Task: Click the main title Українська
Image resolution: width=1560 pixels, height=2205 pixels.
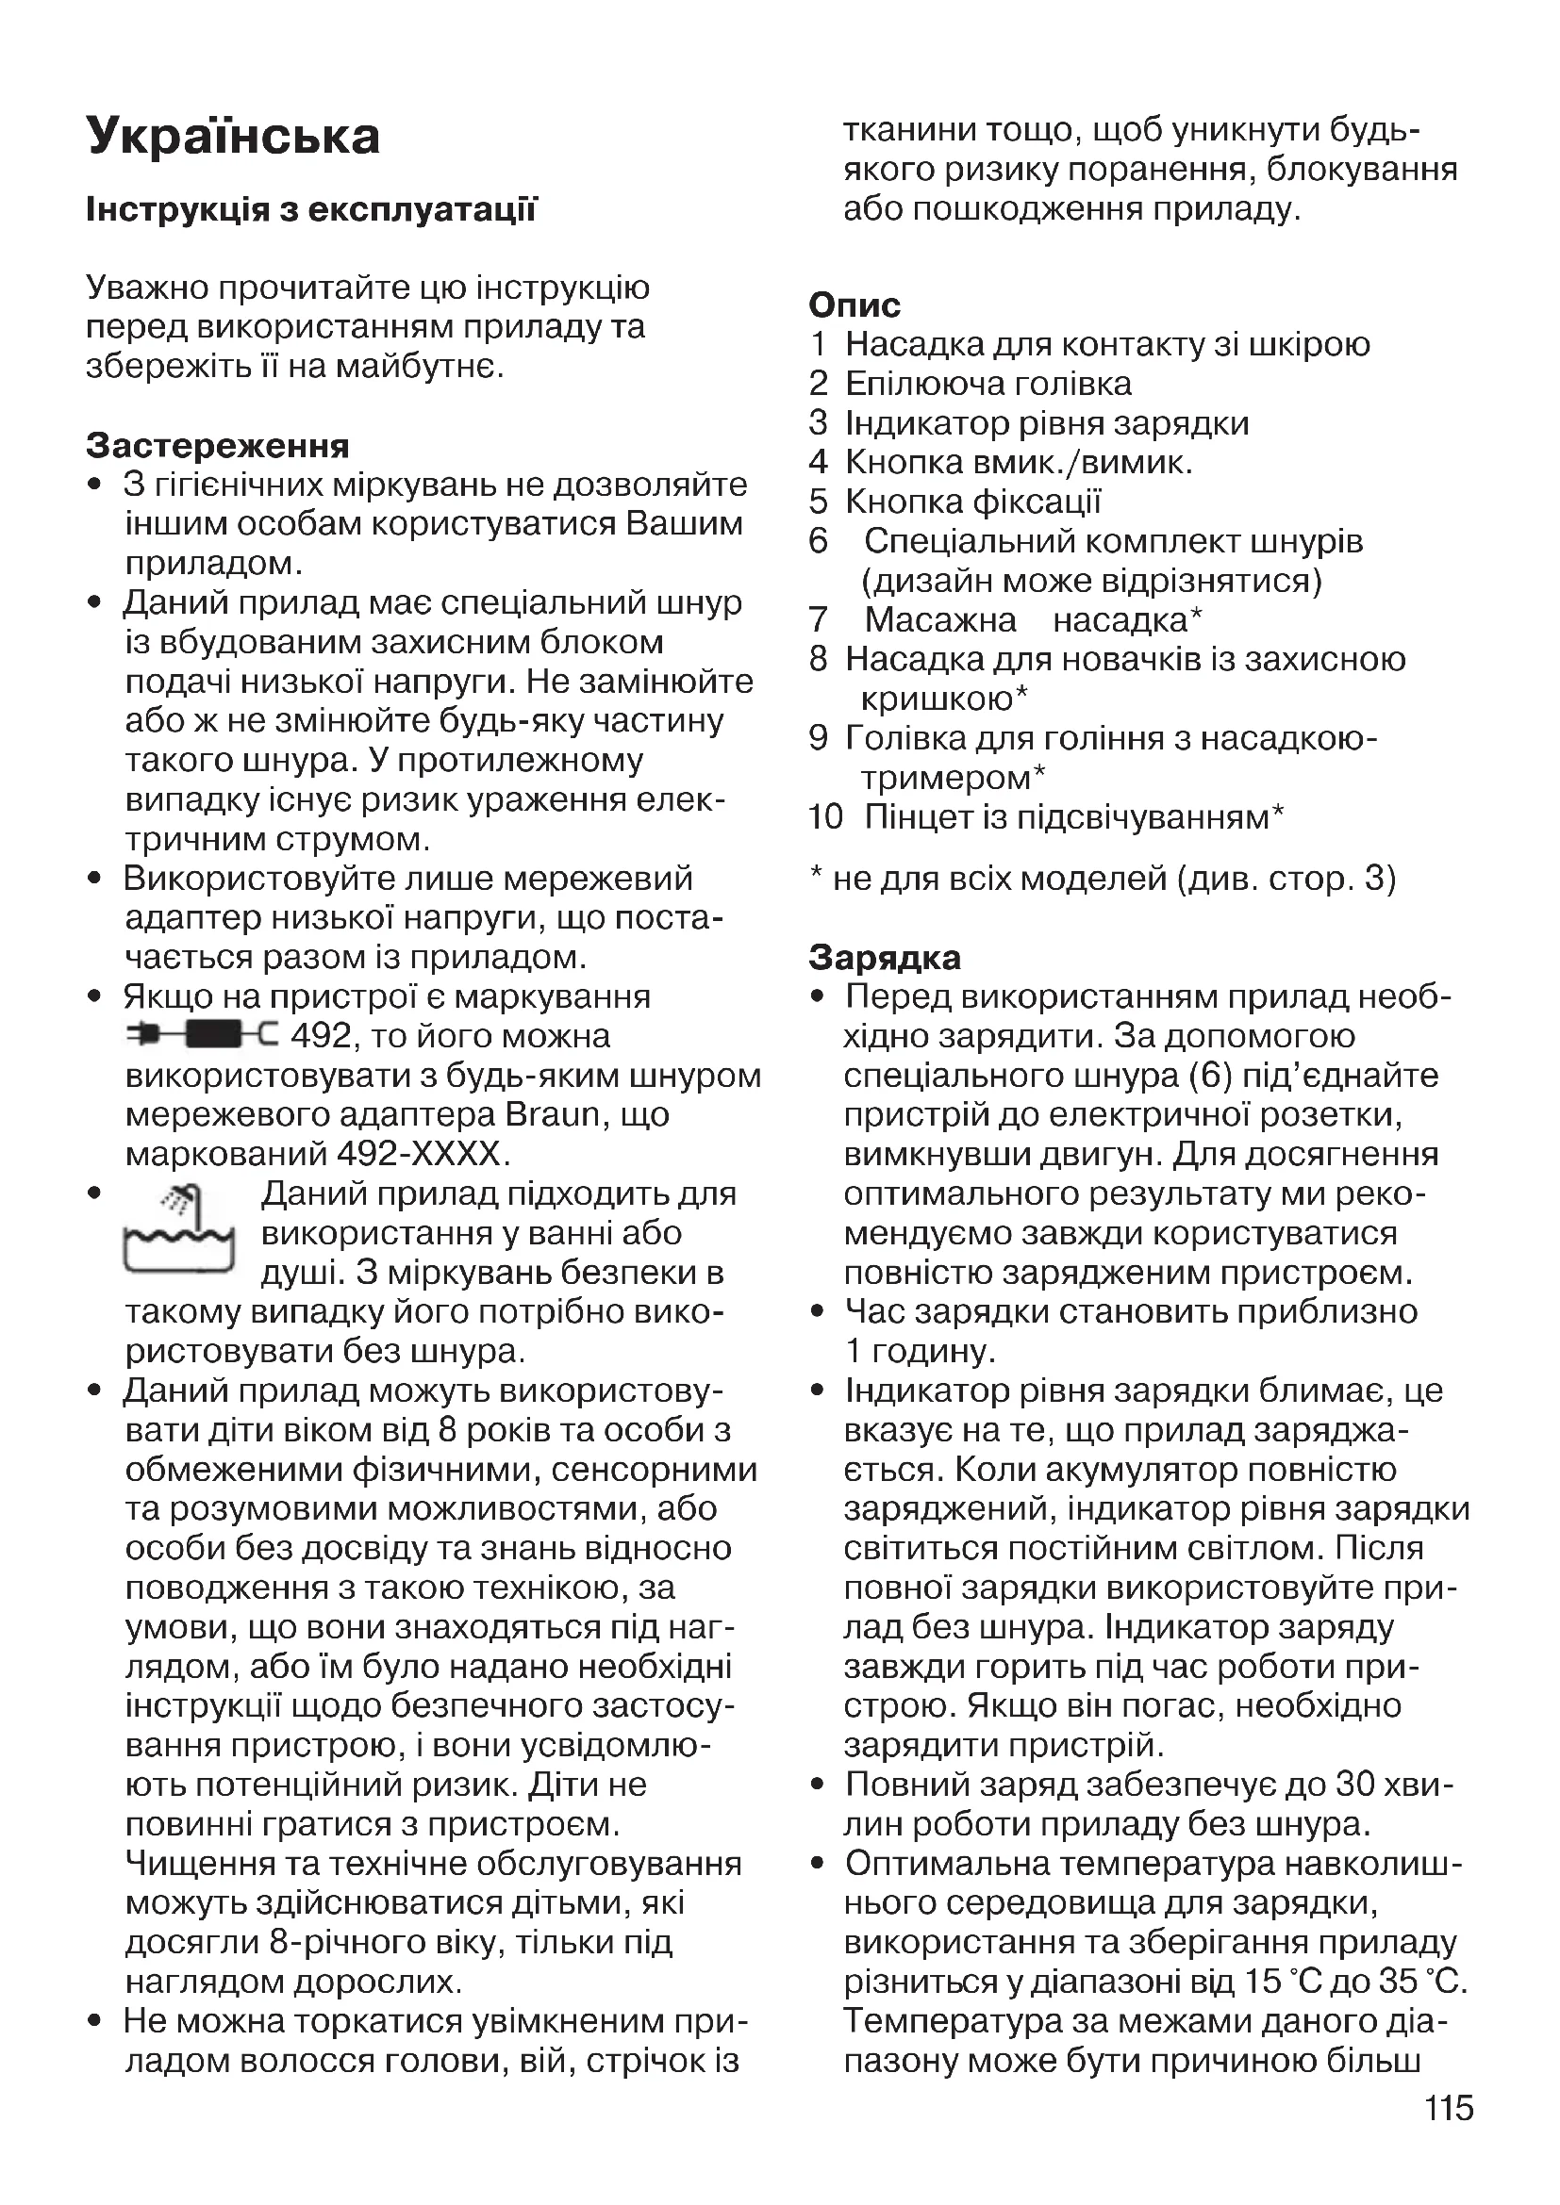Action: (233, 137)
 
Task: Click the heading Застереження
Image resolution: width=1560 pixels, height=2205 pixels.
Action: (218, 446)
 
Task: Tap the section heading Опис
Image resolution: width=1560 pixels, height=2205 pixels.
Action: (855, 304)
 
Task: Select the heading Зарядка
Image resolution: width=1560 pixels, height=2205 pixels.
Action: (885, 958)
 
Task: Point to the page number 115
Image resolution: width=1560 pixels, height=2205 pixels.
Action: (1449, 2108)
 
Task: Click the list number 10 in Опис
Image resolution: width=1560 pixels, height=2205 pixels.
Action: (825, 817)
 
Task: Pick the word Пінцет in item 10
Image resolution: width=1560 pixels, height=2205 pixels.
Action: (914, 817)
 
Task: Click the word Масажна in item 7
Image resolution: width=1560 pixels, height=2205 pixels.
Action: (940, 620)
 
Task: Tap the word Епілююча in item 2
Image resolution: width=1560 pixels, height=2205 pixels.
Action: (921, 384)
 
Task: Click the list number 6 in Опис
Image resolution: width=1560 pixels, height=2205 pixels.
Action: (819, 542)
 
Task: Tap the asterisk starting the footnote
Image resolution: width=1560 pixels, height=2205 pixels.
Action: (816, 876)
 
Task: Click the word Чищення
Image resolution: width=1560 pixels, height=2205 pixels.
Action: (197, 1863)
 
